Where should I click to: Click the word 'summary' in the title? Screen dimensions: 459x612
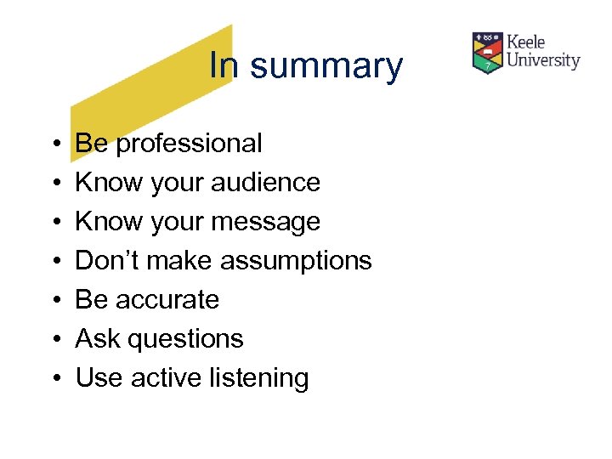point(326,67)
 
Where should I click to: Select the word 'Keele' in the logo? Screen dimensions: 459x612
point(526,42)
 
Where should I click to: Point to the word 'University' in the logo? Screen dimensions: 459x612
point(543,60)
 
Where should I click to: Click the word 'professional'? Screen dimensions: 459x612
point(189,144)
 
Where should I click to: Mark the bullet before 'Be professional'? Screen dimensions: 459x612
point(54,144)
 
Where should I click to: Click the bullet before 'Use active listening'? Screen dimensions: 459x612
point(54,379)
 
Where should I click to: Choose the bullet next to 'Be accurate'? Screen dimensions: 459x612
point(54,301)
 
